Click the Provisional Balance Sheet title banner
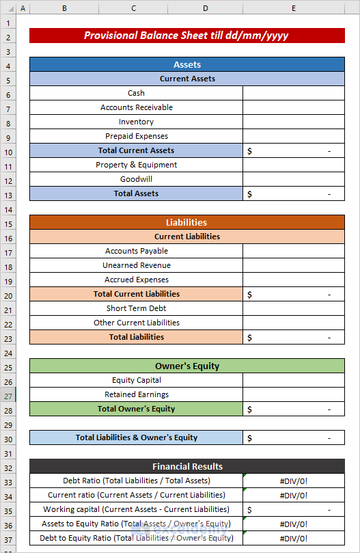(x=186, y=36)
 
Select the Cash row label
(x=136, y=93)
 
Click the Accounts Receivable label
(x=136, y=107)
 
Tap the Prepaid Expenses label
(x=136, y=136)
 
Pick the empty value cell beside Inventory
(x=293, y=122)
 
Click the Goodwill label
(x=136, y=179)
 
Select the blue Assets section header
(x=186, y=64)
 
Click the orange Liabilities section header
(x=186, y=222)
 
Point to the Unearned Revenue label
(x=136, y=265)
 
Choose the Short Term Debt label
(x=136, y=308)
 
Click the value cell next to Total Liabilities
(x=293, y=337)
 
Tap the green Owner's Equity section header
(x=186, y=366)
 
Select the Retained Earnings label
(x=136, y=394)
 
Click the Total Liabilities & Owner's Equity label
(x=136, y=437)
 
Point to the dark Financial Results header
(x=186, y=466)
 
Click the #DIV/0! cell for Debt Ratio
(x=293, y=481)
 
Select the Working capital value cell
(x=293, y=509)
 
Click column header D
(x=206, y=8)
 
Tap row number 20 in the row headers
(x=8, y=294)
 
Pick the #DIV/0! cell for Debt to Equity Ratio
(x=293, y=538)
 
